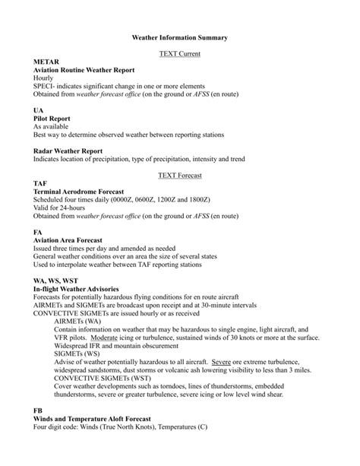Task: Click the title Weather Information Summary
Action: [179, 36]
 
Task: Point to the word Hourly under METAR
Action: [45, 78]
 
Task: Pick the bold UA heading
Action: [39, 110]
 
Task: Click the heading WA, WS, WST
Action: [55, 282]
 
